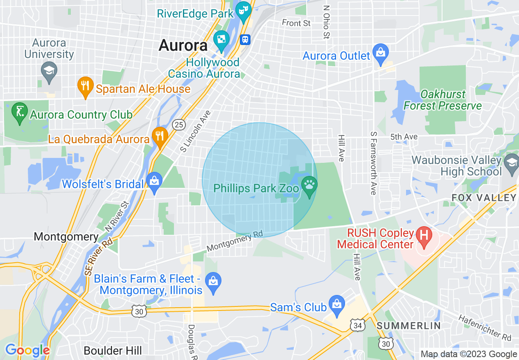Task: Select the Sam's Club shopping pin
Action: point(337,304)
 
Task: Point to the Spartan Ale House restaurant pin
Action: point(85,86)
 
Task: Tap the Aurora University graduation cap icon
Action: point(49,71)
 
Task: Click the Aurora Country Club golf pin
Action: point(20,111)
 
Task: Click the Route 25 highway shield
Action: point(178,124)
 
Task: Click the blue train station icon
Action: point(245,39)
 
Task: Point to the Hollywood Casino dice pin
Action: point(221,40)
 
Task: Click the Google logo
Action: point(27,350)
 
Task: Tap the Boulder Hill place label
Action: point(113,351)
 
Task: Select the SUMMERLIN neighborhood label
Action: point(408,326)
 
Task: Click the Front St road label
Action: point(296,23)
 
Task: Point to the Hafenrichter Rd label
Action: point(485,327)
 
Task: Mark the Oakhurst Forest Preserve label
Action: point(442,100)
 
